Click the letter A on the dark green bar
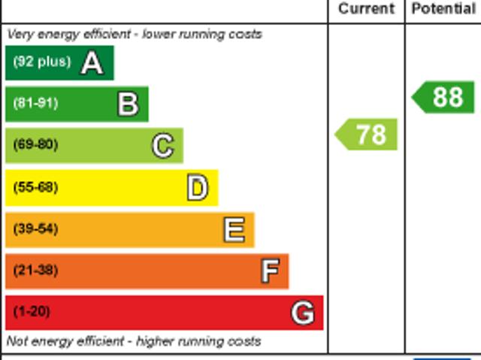point(92,62)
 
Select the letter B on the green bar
point(128,104)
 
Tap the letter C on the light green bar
point(162,145)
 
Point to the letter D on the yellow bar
point(197,187)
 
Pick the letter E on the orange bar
point(234,229)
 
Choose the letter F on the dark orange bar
point(270,271)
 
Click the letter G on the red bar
point(303,312)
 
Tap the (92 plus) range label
point(41,62)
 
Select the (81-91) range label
point(35,104)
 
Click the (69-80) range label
point(35,145)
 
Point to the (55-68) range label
point(35,187)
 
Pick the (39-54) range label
point(35,228)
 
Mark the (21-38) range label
point(35,271)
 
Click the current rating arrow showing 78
point(367,135)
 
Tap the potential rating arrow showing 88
point(444,97)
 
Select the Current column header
point(366,9)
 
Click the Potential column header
point(443,9)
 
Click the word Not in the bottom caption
point(17,341)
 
